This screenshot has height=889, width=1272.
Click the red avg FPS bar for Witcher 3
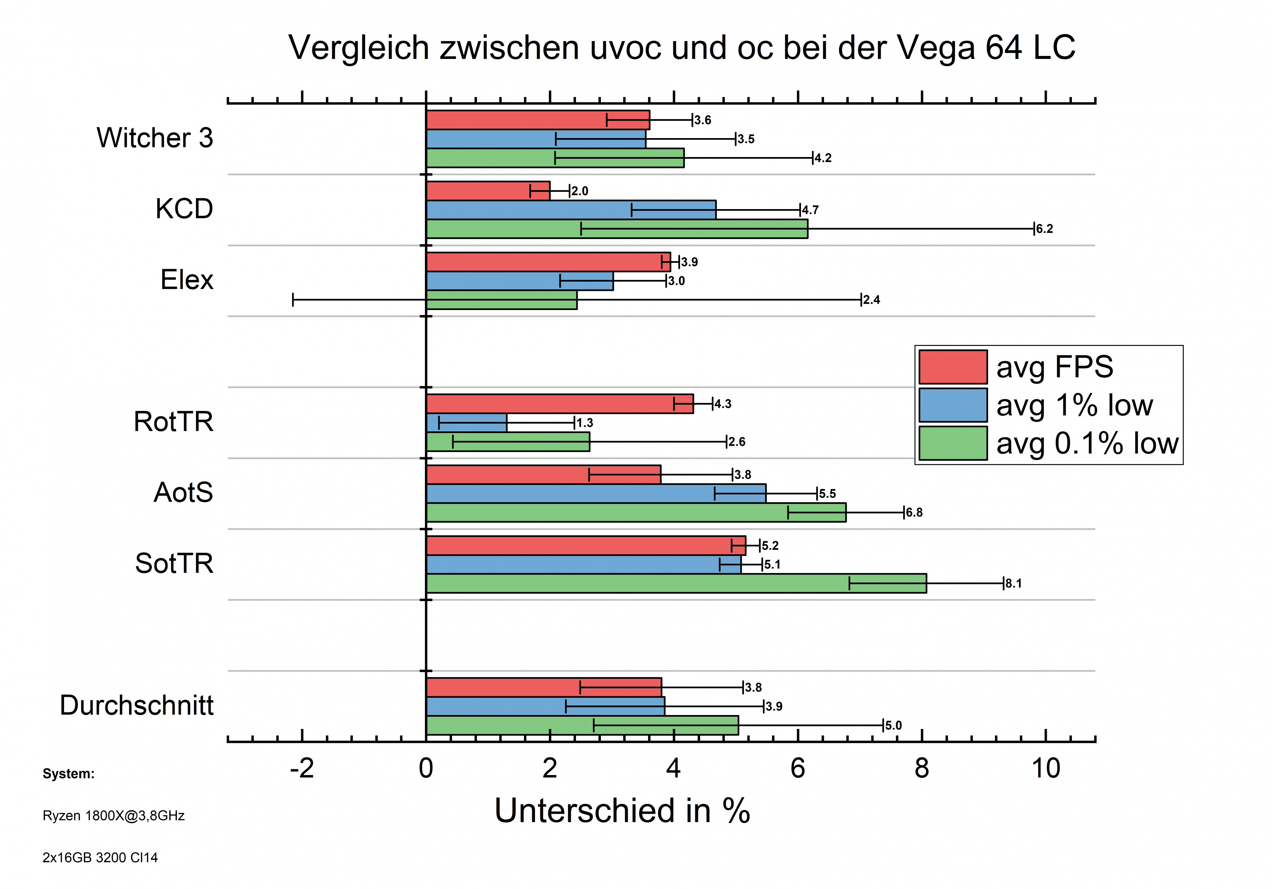pyautogui.click(x=537, y=120)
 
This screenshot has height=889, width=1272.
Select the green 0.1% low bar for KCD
pyautogui.click(x=616, y=229)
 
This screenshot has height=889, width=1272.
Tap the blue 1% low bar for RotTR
pyautogui.click(x=466, y=423)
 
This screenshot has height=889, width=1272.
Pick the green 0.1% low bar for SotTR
pyautogui.click(x=676, y=583)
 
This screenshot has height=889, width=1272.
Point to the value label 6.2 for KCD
pyautogui.click(x=1044, y=229)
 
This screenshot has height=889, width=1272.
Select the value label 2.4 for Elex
pyautogui.click(x=872, y=300)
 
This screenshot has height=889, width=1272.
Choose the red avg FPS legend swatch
pyautogui.click(x=953, y=367)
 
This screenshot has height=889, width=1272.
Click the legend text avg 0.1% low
pyautogui.click(x=1087, y=443)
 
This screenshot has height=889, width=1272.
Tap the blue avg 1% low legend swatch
pyautogui.click(x=953, y=405)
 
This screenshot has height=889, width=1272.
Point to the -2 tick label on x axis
pyautogui.click(x=302, y=768)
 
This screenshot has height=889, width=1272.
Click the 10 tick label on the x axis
pyautogui.click(x=1045, y=768)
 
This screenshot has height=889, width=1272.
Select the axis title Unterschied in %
pyautogui.click(x=622, y=811)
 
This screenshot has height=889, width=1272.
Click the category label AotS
pyautogui.click(x=183, y=492)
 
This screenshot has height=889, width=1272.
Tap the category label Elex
pyautogui.click(x=187, y=279)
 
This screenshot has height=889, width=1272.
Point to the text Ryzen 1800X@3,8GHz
pyautogui.click(x=114, y=815)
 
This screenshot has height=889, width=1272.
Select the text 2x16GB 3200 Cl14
pyautogui.click(x=100, y=858)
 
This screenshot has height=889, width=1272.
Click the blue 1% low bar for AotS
pyautogui.click(x=596, y=493)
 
